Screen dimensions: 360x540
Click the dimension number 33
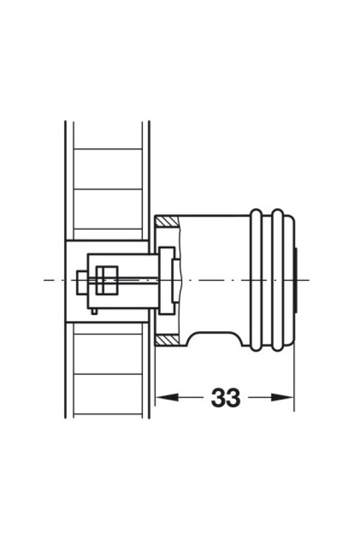226,397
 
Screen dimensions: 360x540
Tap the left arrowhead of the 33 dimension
167,397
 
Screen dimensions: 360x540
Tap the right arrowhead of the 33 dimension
282,397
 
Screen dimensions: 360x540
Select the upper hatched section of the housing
167,221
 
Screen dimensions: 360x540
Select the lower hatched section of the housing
167,340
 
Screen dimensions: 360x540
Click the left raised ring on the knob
256,280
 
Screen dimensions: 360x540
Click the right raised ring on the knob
277,280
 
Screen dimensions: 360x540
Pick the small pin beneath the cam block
94,311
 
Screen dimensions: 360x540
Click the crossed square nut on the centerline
107,280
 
